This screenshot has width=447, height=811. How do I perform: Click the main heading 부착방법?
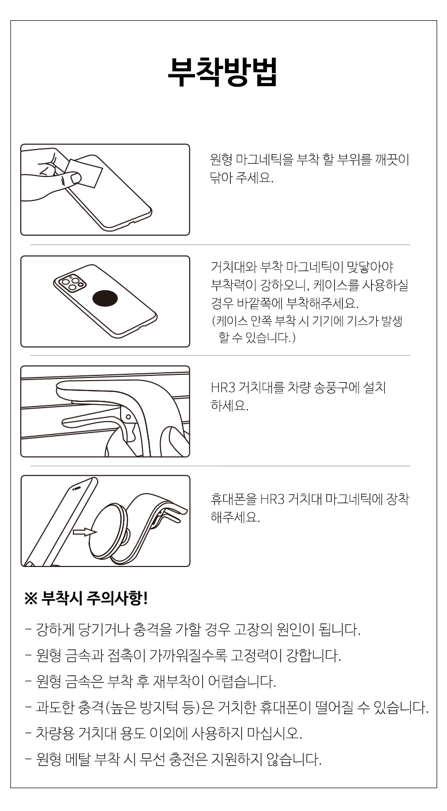click(222, 72)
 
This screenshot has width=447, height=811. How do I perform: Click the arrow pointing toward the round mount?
click(85, 532)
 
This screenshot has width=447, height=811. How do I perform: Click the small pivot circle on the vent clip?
click(128, 417)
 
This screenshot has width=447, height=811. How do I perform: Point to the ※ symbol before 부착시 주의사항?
click(31, 599)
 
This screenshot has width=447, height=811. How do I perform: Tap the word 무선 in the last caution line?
click(153, 759)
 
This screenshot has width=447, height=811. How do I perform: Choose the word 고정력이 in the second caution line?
click(256, 655)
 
